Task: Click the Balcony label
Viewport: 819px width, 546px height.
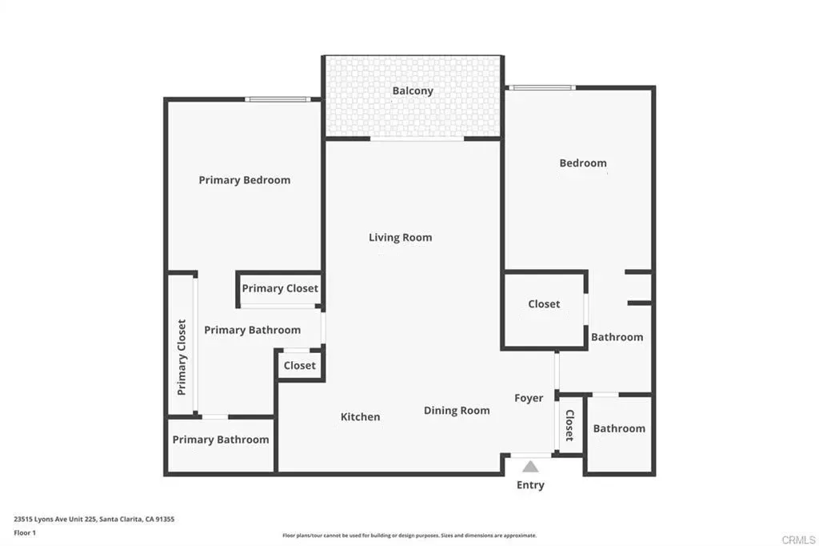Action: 413,91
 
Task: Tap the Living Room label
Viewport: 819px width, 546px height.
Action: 400,238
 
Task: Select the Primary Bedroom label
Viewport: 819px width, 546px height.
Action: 245,180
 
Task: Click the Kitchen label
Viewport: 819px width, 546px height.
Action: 360,417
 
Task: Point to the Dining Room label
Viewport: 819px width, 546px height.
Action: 457,411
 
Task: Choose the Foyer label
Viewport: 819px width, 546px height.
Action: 529,399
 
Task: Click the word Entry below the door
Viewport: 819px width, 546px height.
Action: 530,485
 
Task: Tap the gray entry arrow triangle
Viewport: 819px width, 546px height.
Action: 530,467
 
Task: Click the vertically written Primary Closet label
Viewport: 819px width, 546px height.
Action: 182,357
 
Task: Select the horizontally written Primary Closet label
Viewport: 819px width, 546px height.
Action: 280,289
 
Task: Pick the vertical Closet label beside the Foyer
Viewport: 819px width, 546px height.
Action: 569,425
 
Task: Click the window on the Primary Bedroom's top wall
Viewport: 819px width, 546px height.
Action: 278,98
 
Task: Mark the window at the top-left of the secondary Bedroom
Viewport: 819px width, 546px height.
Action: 541,87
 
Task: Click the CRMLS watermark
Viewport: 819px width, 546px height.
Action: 798,540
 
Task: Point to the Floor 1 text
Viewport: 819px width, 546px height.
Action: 25,533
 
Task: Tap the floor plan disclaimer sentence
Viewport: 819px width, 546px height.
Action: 409,536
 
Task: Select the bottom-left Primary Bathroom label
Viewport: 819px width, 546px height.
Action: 221,440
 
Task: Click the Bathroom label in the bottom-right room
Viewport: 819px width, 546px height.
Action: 619,429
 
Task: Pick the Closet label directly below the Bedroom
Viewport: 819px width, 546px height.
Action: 544,304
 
